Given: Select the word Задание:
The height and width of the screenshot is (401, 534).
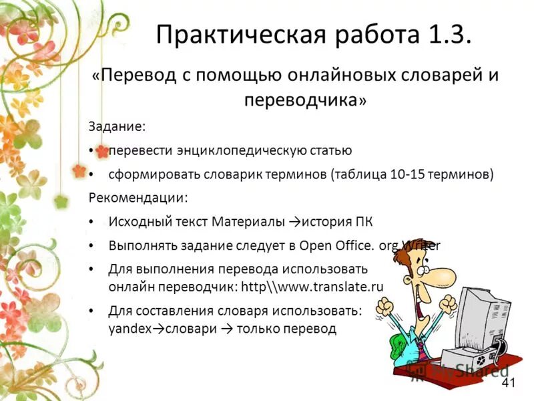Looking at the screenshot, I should coord(116,126).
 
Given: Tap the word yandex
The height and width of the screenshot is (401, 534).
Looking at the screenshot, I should coord(125,329).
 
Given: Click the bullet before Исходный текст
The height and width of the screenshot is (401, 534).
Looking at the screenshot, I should coord(91,222).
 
